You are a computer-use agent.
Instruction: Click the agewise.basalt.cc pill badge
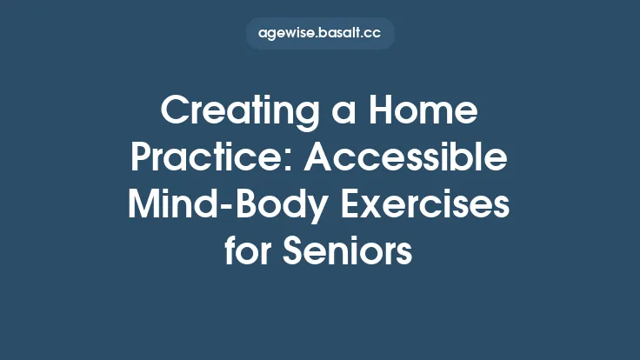coord(320,34)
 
